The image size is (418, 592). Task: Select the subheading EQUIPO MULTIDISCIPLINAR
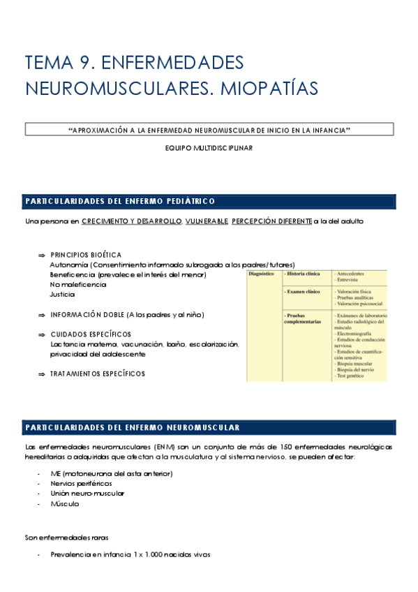(209, 148)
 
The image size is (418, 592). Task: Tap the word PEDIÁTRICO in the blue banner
(185, 202)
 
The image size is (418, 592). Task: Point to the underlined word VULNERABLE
(207, 221)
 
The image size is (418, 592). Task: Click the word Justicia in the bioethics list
(62, 295)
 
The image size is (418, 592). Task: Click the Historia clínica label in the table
(302, 274)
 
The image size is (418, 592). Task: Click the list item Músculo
(65, 503)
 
